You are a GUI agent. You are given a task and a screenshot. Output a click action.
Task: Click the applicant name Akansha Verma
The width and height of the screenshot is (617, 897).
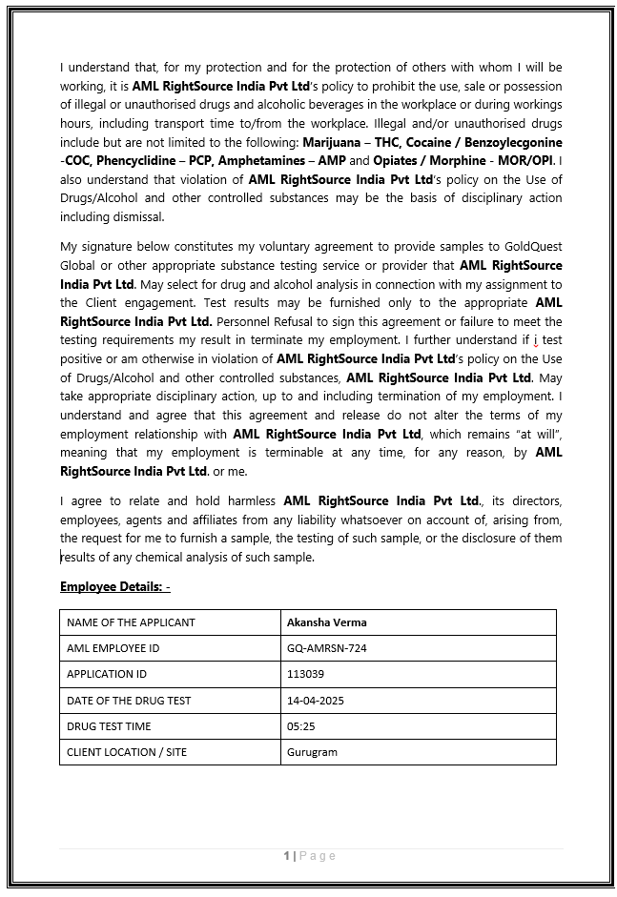[x=326, y=622]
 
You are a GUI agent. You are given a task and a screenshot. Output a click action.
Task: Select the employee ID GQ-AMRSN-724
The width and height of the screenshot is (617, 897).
[x=326, y=648]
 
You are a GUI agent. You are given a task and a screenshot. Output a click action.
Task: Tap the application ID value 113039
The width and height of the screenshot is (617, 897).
[x=305, y=674]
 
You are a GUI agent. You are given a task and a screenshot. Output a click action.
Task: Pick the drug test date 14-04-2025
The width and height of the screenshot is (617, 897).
[x=315, y=701]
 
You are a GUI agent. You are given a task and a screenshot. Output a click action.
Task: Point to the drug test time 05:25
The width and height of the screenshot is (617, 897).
[x=300, y=726]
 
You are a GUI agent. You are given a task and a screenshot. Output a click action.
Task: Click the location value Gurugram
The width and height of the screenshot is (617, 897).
[x=312, y=752]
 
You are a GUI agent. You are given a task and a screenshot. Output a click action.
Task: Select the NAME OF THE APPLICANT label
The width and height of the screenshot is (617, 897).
[x=131, y=622]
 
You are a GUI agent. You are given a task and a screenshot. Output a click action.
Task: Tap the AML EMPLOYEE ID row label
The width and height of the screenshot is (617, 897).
[x=113, y=648]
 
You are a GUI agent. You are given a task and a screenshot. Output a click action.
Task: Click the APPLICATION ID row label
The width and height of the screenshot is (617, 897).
[x=107, y=674]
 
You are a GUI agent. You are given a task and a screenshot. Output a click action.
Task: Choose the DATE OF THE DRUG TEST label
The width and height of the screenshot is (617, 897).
[x=129, y=701]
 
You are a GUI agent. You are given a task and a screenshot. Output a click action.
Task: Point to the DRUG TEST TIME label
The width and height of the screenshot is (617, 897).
[x=110, y=726]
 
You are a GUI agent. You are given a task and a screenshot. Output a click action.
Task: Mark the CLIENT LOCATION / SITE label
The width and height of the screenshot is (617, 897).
[x=127, y=752]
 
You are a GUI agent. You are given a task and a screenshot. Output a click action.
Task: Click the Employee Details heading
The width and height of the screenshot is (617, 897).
[x=114, y=586]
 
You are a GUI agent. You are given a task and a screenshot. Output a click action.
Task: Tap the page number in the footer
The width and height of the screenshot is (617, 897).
[x=286, y=856]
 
